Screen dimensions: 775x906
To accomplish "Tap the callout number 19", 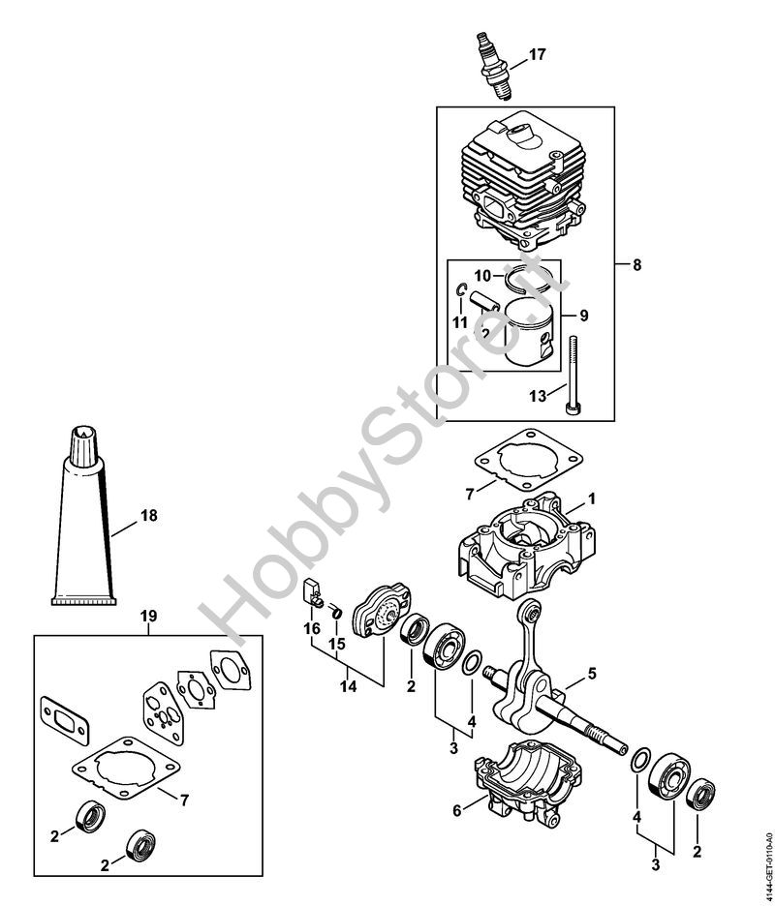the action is click(148, 615).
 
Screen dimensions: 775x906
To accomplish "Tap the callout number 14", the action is click(348, 685).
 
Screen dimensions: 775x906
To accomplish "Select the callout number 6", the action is click(456, 812).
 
